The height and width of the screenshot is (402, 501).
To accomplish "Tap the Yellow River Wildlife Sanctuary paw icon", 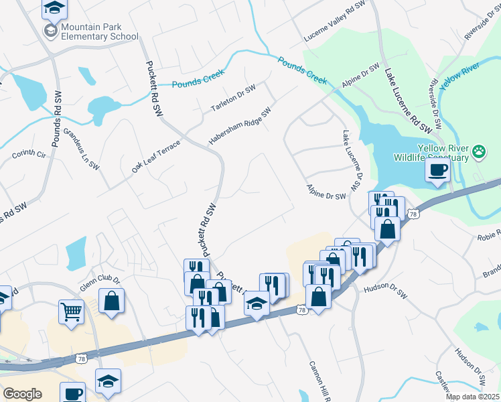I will [479, 152].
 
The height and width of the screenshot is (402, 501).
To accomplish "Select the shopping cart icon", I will [71, 310].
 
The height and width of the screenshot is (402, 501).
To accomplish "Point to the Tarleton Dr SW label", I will [234, 98].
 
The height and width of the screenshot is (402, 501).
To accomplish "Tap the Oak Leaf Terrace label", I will [156, 157].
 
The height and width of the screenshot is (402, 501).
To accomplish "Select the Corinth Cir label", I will [28, 154].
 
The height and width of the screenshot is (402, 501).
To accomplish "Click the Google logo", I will [22, 394].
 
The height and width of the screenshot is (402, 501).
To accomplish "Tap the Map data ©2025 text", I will [472, 397].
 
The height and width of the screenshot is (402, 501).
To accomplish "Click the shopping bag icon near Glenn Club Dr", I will [111, 301].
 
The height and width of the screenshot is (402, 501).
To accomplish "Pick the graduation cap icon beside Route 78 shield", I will [256, 305].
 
